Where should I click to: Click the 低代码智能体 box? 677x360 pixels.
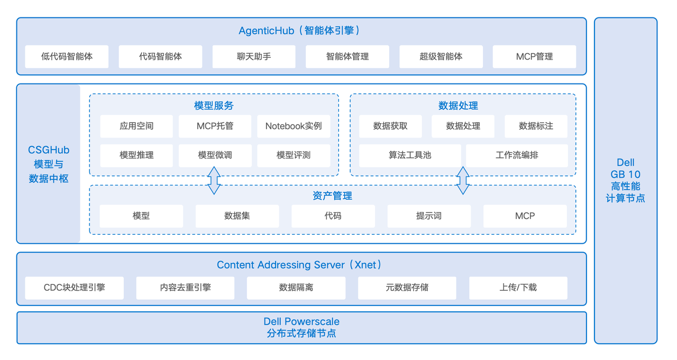pos(67,57)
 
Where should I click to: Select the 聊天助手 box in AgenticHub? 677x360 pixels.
pos(254,57)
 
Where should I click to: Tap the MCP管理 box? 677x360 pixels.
pos(534,57)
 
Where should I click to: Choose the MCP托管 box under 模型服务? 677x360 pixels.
pos(215,126)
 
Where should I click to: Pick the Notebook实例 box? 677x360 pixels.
pos(294,126)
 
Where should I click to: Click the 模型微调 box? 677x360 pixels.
pos(215,155)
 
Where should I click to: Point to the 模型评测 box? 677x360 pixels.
pos(294,155)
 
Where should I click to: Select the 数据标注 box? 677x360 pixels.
pos(536,126)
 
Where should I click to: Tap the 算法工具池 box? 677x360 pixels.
pos(410,155)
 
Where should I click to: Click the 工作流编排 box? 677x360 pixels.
pos(517,155)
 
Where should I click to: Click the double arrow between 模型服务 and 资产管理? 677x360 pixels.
pos(214,180)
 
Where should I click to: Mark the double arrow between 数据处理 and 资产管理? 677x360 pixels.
pos(463,180)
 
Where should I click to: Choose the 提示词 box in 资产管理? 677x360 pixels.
pos(429,216)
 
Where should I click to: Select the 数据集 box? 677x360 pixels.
pos(237,216)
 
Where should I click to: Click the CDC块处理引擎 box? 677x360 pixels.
pos(75,288)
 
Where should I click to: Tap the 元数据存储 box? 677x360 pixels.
pos(407,288)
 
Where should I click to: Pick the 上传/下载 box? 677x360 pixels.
pos(518,288)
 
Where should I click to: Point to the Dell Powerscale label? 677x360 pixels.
pos(301,321)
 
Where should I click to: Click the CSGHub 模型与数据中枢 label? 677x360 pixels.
pos(49,164)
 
